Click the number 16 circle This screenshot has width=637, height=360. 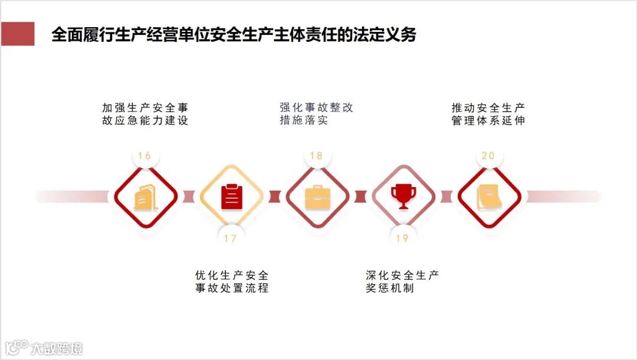click(145, 156)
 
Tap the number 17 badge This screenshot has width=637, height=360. click(230, 238)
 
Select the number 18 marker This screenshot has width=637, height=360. click(316, 156)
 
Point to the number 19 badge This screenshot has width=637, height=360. click(402, 238)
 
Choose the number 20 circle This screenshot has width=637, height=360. click(488, 156)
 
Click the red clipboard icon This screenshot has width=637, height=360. click(231, 197)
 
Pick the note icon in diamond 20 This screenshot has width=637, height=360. click(489, 197)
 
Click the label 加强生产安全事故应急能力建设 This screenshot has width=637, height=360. click(145, 114)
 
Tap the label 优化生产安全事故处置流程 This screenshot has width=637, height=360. click(232, 282)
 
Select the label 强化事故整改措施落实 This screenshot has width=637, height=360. click(317, 114)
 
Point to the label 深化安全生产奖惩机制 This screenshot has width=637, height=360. click(402, 282)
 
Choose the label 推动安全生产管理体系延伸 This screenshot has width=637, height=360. click(488, 114)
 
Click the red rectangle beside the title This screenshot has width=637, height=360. click(18, 34)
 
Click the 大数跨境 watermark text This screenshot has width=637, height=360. click(57, 348)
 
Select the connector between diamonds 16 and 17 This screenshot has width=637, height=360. click(188, 197)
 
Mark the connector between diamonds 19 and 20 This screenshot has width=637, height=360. click(446, 197)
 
